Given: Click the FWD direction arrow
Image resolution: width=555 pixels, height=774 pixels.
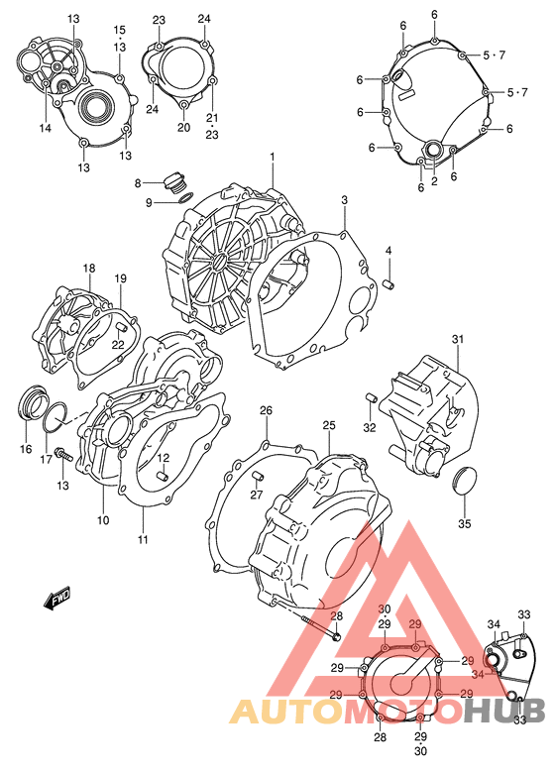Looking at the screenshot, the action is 57,598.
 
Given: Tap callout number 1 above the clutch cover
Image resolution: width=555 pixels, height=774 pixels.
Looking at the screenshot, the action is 273,157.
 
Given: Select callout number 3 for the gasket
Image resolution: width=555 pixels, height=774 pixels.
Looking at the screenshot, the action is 344,200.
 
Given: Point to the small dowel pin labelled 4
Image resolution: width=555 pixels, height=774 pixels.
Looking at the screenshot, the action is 389,284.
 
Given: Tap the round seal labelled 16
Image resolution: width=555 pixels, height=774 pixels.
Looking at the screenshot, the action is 33,401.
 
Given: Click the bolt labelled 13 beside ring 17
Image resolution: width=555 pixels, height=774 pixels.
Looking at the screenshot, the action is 64,453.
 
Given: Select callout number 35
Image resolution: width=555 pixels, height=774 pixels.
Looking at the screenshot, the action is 465,523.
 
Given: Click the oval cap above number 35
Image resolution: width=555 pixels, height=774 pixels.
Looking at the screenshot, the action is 465,480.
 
